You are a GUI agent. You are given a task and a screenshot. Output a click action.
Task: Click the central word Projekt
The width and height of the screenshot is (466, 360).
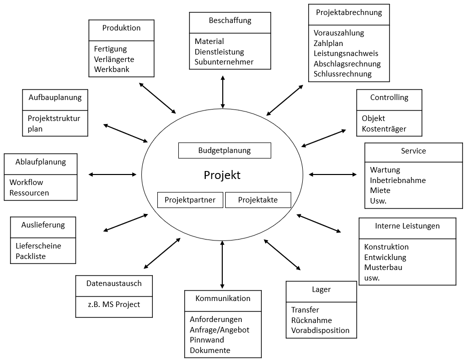point(222,175)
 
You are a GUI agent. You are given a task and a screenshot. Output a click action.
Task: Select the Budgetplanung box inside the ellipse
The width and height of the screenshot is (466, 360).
point(225,150)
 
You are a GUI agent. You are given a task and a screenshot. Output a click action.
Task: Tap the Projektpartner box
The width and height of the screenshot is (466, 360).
point(190,200)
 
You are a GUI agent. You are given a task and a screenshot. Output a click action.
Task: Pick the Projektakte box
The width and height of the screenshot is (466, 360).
point(258,200)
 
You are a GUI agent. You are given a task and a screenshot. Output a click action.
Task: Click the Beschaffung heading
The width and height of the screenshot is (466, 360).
point(230,20)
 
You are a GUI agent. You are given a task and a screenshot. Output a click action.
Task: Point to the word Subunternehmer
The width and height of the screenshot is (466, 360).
point(224,62)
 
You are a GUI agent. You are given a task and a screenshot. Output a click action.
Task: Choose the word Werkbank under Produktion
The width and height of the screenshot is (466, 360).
point(112,69)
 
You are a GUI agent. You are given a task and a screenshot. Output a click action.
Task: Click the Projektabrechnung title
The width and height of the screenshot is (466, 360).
point(349,12)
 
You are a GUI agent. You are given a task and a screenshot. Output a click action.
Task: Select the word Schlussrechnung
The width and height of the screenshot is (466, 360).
point(343,74)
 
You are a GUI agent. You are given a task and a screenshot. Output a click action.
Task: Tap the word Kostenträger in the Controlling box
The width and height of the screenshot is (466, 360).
point(384,129)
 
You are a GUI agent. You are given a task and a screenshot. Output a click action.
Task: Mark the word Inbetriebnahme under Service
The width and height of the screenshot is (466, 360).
point(398,180)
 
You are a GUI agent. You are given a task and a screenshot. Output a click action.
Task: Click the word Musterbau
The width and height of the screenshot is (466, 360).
point(383,267)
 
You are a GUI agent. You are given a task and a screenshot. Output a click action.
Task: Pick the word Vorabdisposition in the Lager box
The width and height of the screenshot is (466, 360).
point(320,330)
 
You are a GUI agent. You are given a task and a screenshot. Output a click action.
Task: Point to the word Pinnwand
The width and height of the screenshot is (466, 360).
point(207,340)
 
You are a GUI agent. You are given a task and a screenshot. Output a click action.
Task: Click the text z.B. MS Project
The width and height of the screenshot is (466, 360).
point(114,304)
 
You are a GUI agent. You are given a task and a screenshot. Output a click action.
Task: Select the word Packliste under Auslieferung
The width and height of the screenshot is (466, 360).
point(30,256)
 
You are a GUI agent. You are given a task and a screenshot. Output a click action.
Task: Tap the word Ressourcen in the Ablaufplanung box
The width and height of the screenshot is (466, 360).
point(29,193)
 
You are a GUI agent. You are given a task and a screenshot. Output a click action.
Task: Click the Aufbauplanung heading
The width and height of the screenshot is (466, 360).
point(55,97)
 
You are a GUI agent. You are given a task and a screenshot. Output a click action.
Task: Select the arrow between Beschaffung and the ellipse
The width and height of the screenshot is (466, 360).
point(223,92)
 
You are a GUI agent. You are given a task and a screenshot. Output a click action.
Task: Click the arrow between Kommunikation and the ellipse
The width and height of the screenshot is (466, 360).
point(222,264)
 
